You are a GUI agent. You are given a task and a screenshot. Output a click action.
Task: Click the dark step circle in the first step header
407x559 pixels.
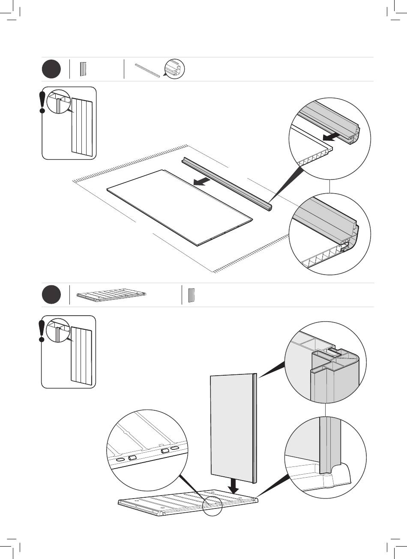coord(51,69)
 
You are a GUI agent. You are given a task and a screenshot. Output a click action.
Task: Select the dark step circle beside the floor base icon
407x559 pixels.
coord(51,295)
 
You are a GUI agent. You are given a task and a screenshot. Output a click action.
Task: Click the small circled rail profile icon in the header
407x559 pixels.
coord(174,69)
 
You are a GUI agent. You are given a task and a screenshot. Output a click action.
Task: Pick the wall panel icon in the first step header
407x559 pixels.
coord(83,69)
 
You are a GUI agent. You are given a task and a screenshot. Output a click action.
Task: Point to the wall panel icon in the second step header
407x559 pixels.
coord(192,295)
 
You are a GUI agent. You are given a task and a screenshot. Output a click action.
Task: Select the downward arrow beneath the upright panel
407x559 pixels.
coord(233,485)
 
